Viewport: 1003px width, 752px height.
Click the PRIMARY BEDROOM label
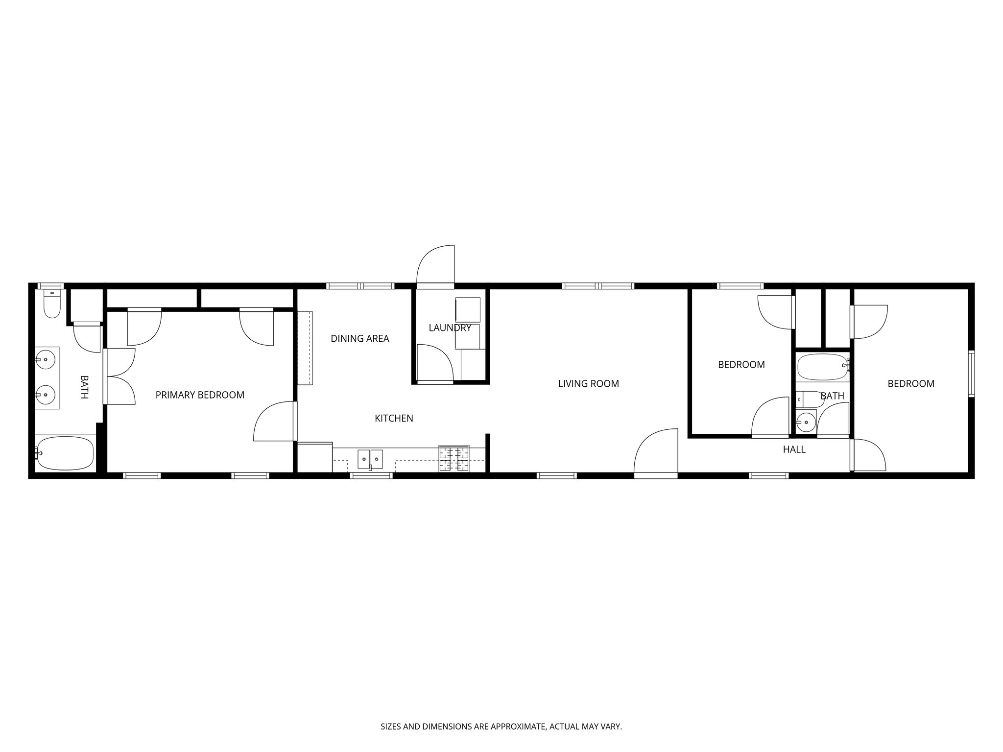200,395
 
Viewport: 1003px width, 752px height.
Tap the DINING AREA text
360,339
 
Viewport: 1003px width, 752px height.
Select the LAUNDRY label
450,328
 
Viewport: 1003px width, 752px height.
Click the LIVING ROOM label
588,384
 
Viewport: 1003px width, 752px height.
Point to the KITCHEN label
394,419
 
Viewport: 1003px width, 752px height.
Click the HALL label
794,449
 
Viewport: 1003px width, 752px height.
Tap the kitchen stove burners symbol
454,459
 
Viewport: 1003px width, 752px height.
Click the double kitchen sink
370,459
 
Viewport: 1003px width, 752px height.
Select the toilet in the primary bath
51,304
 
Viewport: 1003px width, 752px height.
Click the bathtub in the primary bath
65,453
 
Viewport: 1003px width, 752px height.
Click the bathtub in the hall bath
822,367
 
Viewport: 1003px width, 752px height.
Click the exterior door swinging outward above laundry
435,265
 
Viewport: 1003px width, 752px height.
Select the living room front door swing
656,453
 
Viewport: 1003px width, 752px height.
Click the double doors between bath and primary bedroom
119,376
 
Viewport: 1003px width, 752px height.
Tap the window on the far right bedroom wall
971,374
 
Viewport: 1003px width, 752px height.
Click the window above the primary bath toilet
51,286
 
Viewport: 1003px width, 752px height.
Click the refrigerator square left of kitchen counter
315,457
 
